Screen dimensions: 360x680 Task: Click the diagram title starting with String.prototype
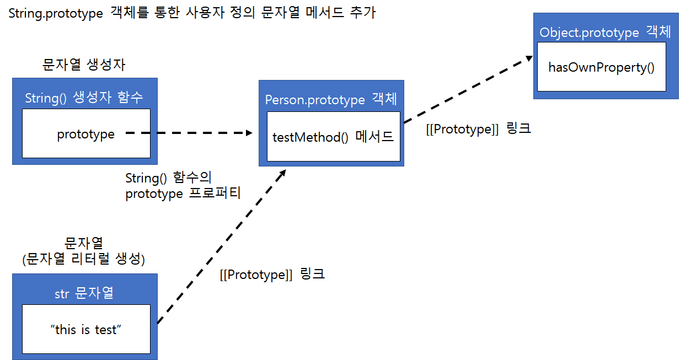(x=192, y=13)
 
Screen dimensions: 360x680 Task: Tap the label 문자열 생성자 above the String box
(x=84, y=65)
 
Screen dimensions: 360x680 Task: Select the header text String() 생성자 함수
(x=84, y=98)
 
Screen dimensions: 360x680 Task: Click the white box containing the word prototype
(x=86, y=134)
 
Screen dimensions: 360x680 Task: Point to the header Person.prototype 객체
(x=331, y=99)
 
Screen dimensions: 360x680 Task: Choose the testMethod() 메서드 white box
(x=333, y=137)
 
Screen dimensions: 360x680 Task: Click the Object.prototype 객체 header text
(x=605, y=32)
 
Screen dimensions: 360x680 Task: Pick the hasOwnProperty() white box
(x=601, y=67)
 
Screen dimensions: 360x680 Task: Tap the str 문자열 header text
(x=84, y=293)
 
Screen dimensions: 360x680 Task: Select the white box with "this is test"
(x=86, y=329)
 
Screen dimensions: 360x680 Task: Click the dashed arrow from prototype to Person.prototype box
(x=188, y=133)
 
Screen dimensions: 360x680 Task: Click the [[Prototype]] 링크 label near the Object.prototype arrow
(x=478, y=130)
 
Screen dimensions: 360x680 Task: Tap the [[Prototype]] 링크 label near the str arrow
(x=272, y=274)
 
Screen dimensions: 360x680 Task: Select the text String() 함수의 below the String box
(x=168, y=178)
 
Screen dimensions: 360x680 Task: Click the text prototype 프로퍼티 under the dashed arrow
(x=183, y=194)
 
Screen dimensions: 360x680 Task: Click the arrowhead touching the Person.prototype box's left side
(x=249, y=133)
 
